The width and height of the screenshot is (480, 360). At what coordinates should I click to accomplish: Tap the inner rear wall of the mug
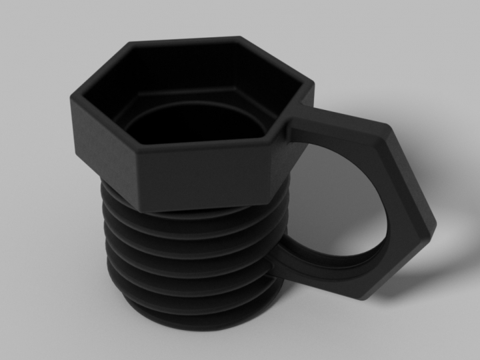(x=187, y=67)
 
